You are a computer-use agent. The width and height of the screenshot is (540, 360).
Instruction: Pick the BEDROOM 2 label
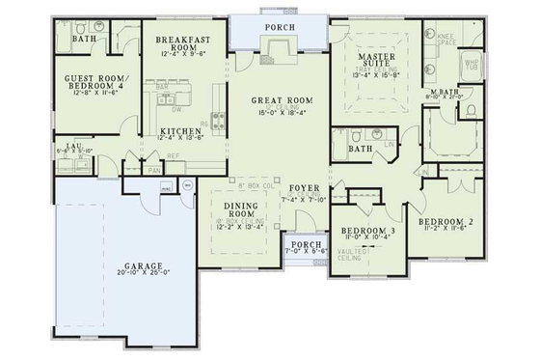[x=443, y=223]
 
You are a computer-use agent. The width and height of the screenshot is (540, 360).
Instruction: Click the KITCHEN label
[x=180, y=130]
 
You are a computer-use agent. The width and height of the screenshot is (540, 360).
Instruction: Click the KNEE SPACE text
[x=446, y=40]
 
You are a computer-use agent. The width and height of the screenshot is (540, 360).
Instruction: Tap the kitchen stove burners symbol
[x=218, y=122]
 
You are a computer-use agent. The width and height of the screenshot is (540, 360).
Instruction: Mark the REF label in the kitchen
[x=173, y=155]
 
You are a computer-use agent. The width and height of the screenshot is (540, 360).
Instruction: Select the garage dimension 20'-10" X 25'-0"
[x=141, y=273]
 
